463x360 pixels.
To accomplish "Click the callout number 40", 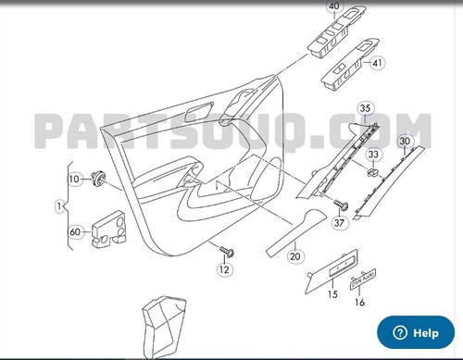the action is coord(334,6).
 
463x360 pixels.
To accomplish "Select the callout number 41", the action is coord(377,63).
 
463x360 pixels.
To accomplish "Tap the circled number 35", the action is coord(365,108).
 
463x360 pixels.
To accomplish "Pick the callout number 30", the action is coord(405,142).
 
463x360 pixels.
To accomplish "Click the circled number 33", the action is coord(373,155).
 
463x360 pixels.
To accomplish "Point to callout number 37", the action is coord(339,223).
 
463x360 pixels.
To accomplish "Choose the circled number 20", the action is coord(295,256).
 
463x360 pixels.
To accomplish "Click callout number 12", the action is coord(224,269).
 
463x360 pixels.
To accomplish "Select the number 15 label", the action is coord(332,294).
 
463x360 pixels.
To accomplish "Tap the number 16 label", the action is coord(359,302).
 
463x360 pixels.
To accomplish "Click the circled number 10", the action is coord(74,180).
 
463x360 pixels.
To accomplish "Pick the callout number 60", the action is coord(75,232).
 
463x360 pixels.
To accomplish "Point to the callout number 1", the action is coord(59,206).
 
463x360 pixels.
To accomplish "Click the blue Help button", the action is coord(416,332).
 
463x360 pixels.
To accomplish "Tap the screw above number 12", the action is coord(227,252).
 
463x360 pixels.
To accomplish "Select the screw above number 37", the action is coord(341,205).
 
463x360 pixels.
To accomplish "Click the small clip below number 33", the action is coord(373,172).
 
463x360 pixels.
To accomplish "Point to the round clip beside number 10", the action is coord(99,179).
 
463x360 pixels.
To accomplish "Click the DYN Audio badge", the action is coord(363,279).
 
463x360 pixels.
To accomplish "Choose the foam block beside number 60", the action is coord(108,230).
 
